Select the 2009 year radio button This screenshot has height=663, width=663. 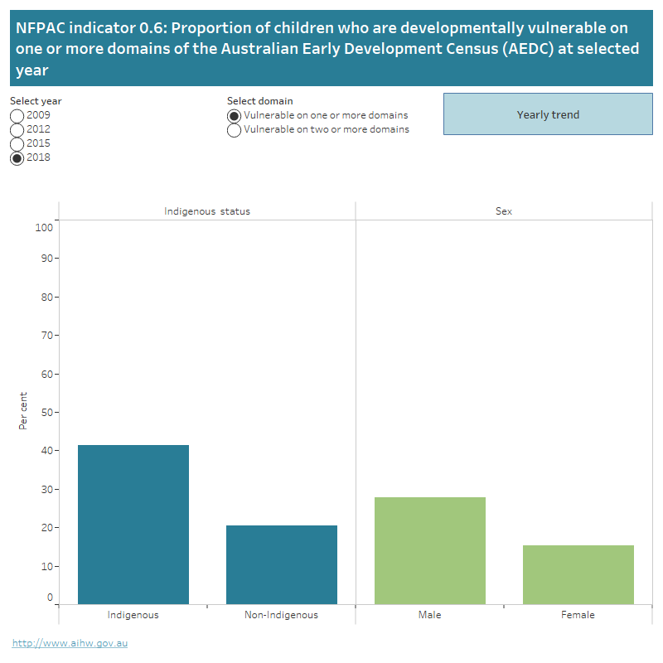point(17,115)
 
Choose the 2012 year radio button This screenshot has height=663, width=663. point(17,129)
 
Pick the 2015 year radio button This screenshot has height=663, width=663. point(17,143)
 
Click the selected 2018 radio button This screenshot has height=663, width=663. point(17,157)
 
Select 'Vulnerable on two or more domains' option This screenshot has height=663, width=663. point(235,130)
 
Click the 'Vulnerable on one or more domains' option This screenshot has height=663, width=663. point(235,116)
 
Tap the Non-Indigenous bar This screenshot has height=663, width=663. point(281,564)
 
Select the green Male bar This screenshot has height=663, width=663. point(429,550)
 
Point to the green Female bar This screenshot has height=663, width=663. point(578,573)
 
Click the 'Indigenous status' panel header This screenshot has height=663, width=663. point(207,211)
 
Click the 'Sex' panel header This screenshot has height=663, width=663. point(504,211)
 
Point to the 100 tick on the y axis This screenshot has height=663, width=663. point(44,227)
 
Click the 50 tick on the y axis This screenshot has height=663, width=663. point(47,412)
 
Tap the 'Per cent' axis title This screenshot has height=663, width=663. point(23,410)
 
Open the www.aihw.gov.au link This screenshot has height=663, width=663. point(70,642)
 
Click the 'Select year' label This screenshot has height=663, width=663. point(36,101)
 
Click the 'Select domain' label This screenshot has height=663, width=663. point(259,101)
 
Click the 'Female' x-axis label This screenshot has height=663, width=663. point(578,615)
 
